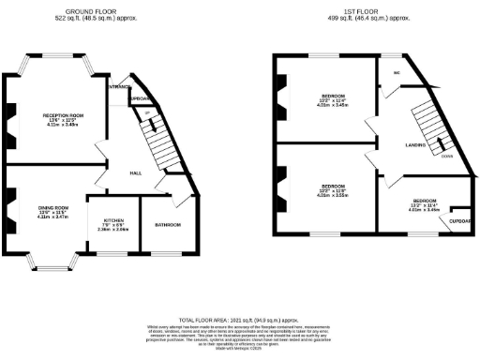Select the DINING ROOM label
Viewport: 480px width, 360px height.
tap(52, 207)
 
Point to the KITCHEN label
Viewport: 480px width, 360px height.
tap(112, 222)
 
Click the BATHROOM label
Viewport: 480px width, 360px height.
tap(169, 226)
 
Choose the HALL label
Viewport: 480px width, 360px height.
tap(135, 172)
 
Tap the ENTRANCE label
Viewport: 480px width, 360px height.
tap(119, 87)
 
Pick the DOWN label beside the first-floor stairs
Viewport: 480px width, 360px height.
tap(448, 157)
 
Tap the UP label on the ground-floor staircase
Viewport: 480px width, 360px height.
tap(147, 113)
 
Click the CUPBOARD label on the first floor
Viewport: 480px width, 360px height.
tap(459, 221)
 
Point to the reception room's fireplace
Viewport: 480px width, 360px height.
tap(8, 119)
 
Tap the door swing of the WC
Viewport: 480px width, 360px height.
tap(386, 91)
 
